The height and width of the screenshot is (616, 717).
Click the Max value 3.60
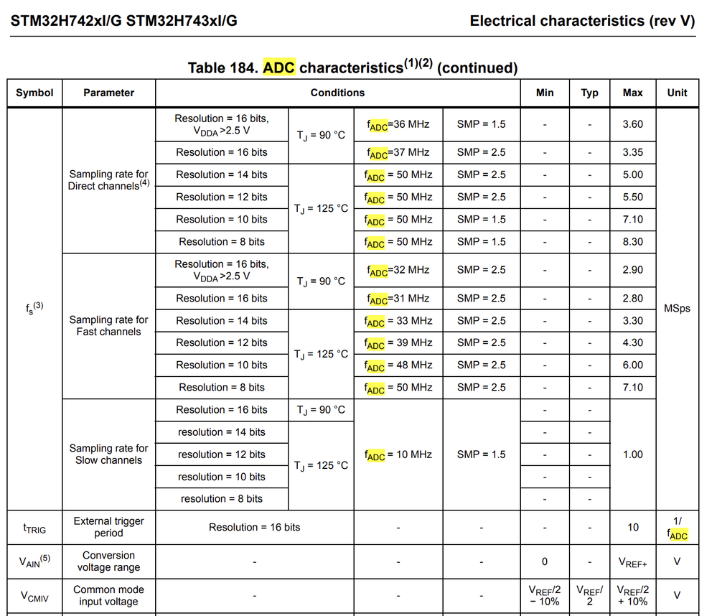632,124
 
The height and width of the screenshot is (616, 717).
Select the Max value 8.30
632,242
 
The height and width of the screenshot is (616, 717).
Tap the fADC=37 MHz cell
398,152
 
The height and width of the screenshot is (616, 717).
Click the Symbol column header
34,93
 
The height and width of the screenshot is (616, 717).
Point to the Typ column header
589,93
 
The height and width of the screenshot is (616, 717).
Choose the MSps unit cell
677,309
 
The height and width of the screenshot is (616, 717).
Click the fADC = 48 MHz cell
398,365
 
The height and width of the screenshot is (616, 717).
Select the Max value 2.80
632,299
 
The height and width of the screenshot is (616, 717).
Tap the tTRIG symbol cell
34,528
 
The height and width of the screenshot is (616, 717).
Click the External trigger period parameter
108,527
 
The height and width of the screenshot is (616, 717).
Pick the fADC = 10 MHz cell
398,454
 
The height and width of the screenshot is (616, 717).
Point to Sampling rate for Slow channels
108,454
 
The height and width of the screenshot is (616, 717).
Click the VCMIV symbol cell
34,595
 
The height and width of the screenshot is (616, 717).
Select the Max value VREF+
632,562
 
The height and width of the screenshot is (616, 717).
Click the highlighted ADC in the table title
279,68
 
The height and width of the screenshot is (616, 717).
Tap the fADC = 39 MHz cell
398,343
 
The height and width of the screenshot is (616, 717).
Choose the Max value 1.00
632,454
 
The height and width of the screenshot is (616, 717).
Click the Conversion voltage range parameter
108,561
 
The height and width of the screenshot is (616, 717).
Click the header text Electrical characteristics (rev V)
582,21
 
